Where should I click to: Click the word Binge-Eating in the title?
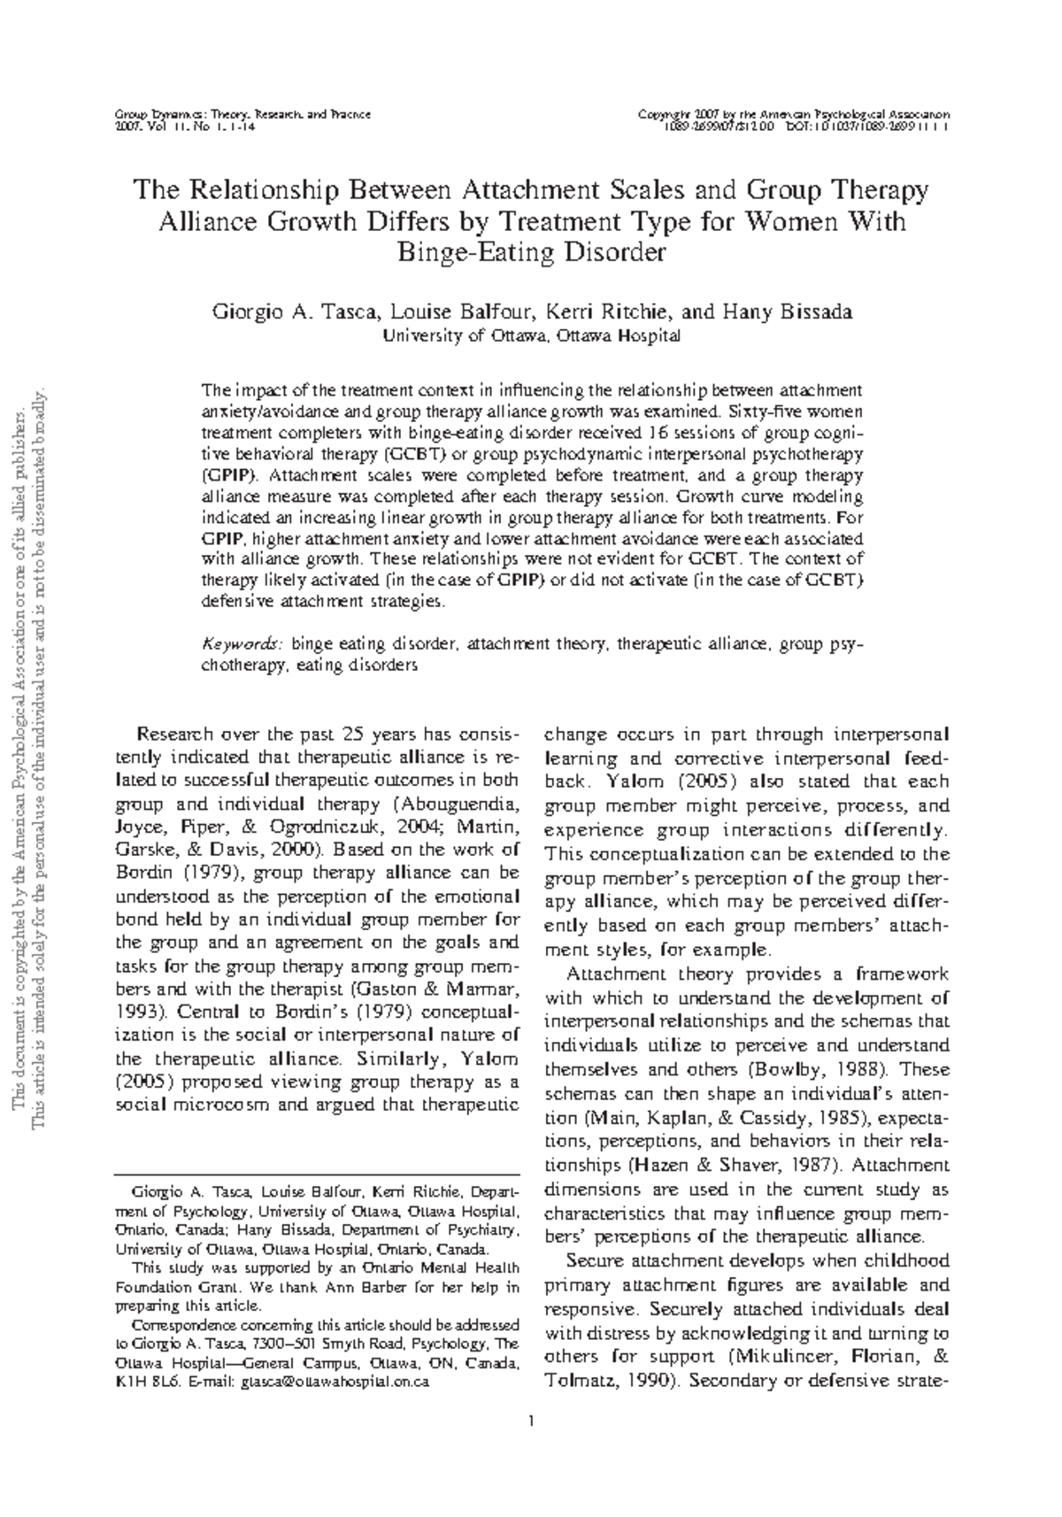point(469,252)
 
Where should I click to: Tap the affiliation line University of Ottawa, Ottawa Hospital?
point(530,335)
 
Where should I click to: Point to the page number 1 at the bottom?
point(530,1422)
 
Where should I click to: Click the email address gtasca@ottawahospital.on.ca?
point(335,1381)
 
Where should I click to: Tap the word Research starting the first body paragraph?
point(174,735)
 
